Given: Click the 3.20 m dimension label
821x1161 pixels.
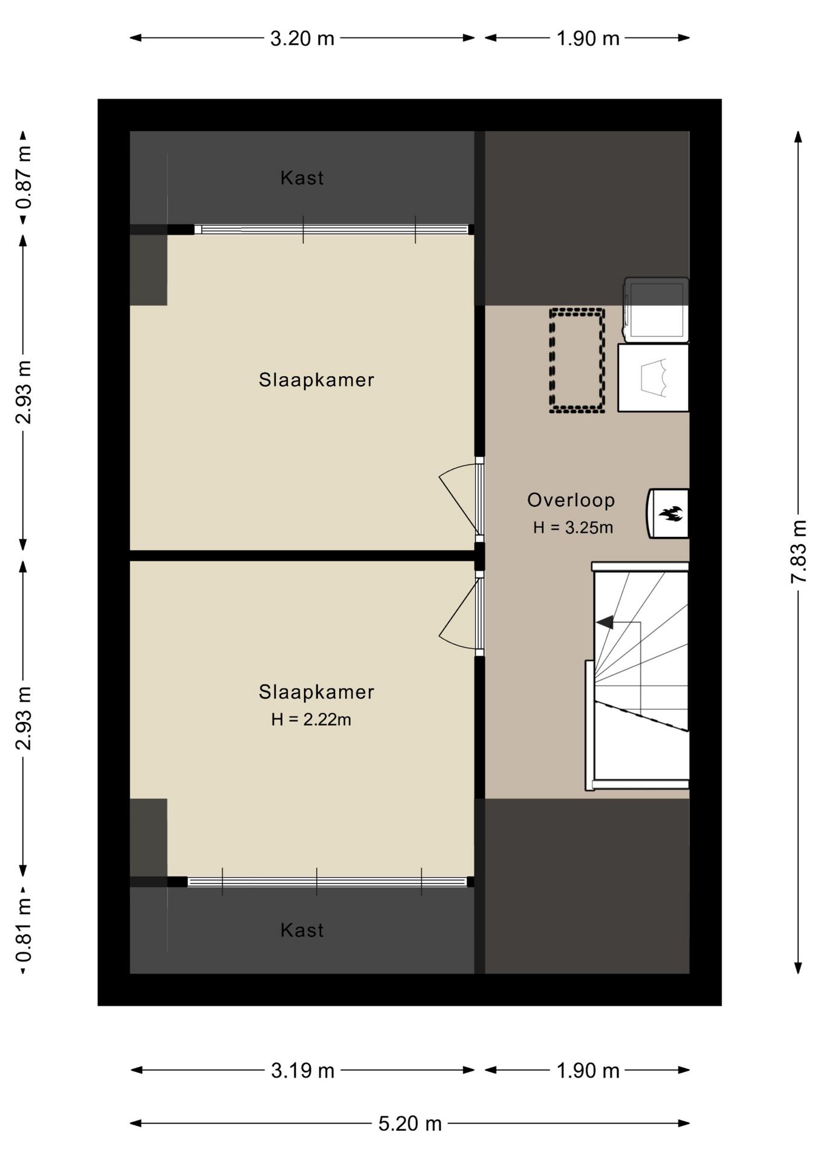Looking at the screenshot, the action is [302, 39].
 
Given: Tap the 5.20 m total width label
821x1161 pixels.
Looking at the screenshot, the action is [410, 1124].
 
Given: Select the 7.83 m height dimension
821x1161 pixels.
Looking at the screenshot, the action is [799, 551].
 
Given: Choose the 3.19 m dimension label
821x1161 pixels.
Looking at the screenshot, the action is [302, 1071].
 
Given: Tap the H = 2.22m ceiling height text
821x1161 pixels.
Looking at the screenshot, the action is [311, 720].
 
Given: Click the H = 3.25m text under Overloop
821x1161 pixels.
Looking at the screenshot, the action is [573, 528].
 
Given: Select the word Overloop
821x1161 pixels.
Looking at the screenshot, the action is [571, 500].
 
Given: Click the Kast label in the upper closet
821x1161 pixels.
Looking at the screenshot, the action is [302, 178].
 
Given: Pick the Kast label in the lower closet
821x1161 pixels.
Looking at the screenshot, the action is [302, 930].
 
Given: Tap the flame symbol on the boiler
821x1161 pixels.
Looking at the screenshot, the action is [670, 514].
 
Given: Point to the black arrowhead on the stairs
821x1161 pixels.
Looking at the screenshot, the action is [605, 622].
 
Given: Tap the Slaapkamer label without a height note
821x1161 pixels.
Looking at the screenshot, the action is [317, 380].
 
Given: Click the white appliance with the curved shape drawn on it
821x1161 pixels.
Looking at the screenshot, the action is [653, 378].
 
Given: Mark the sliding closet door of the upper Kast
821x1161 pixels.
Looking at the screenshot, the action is [335, 230].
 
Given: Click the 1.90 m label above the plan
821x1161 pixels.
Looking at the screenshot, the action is [588, 39].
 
